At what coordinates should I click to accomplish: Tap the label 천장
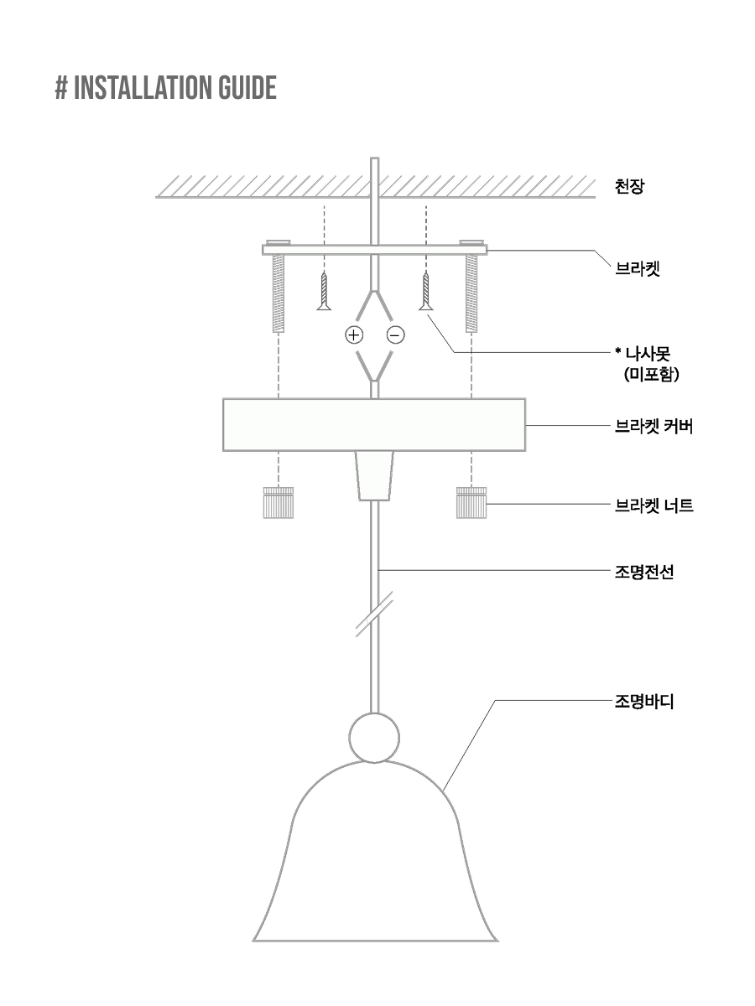click(x=629, y=187)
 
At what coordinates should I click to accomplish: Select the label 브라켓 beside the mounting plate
click(x=638, y=268)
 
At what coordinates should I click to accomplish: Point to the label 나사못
click(x=643, y=354)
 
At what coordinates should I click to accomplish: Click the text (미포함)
click(x=652, y=374)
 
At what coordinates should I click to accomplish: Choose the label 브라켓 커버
click(x=653, y=426)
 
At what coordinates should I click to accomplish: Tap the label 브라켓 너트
click(x=653, y=506)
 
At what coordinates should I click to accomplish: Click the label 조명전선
click(x=644, y=572)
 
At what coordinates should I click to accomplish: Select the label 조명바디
click(x=644, y=702)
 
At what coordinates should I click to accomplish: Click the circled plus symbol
click(x=354, y=335)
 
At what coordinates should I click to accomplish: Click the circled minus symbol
click(x=396, y=335)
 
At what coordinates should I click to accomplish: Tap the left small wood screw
click(x=324, y=291)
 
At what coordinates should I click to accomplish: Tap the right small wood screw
click(x=426, y=291)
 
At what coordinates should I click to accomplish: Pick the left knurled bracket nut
click(x=279, y=503)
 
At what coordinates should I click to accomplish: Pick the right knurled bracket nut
click(x=471, y=503)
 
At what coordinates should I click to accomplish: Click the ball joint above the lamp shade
click(x=374, y=738)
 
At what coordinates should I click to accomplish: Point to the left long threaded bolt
click(x=279, y=293)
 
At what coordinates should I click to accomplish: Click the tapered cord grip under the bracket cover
click(x=374, y=475)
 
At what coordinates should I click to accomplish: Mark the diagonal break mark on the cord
click(x=374, y=614)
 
